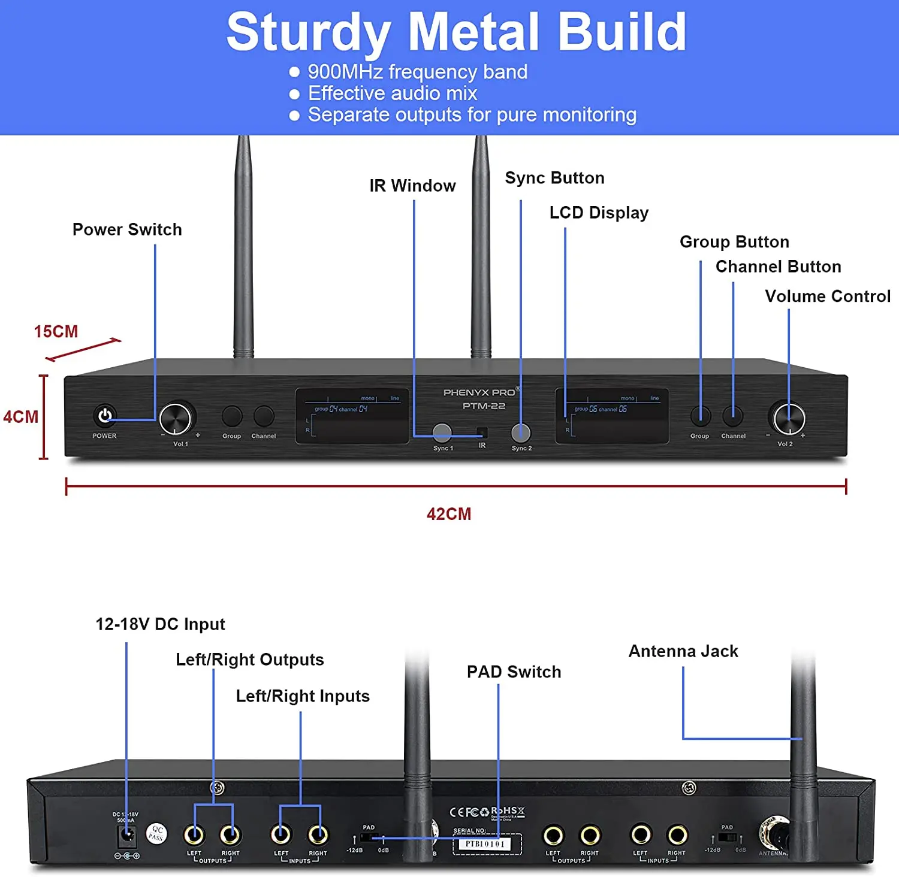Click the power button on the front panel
105,415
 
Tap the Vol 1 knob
175,418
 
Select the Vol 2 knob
789,418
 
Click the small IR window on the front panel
482,433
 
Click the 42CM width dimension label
449,514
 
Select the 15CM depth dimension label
56,332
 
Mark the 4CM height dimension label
20,417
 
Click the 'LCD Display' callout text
599,213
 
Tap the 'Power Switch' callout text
127,230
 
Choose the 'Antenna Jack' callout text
683,652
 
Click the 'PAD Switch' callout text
514,672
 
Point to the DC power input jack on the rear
127,834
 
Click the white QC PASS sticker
156,833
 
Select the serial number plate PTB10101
486,844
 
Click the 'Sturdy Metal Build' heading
456,32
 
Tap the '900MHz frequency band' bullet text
417,72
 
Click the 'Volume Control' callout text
827,297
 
